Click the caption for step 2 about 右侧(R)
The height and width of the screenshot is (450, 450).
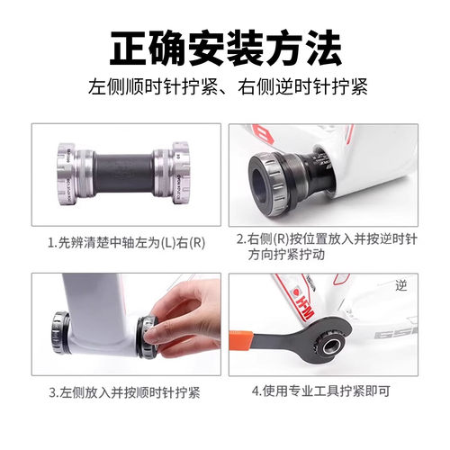pos(325,247)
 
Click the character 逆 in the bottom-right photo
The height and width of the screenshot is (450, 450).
pos(401,285)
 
